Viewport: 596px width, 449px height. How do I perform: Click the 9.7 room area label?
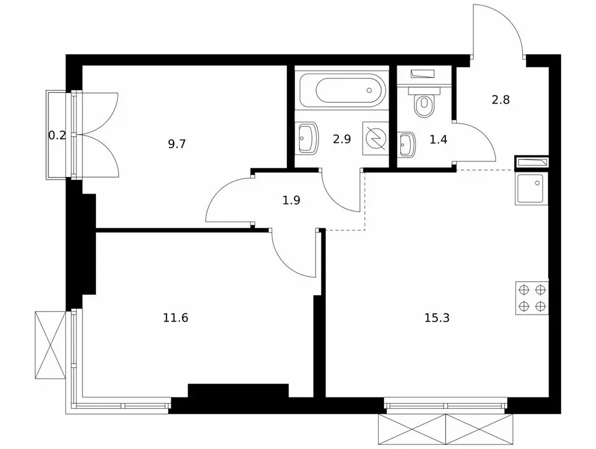tap(176, 144)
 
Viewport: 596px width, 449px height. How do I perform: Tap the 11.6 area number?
tap(176, 317)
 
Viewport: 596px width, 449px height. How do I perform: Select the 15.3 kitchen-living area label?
tap(436, 317)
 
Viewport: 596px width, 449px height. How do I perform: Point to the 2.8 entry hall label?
tap(501, 99)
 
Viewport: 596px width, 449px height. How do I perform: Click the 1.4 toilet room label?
tap(438, 140)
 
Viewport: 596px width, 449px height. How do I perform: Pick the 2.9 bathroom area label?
tap(342, 139)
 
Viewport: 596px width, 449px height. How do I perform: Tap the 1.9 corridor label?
tap(292, 200)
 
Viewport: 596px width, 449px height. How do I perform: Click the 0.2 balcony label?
tap(57, 135)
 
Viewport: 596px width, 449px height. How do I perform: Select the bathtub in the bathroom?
tap(342, 91)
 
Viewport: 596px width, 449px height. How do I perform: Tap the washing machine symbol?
tap(376, 139)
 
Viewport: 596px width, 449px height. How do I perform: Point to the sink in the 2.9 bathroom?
tap(307, 137)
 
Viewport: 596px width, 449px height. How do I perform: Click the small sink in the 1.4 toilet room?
tap(406, 144)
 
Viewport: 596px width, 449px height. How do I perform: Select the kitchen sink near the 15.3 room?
tap(531, 188)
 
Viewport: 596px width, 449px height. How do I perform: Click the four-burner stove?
tap(532, 298)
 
